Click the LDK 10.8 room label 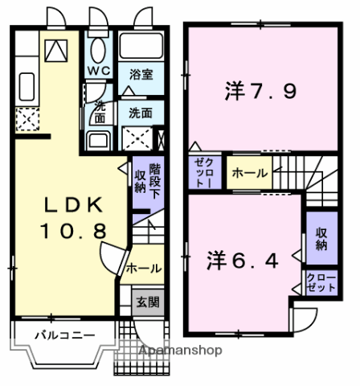[x=72, y=217]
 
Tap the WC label [x=99, y=71]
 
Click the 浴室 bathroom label [x=141, y=74]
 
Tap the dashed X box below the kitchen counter [x=25, y=121]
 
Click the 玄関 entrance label [x=146, y=302]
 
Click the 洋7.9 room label [x=260, y=91]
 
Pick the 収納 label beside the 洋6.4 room [x=321, y=239]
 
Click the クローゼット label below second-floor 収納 [x=320, y=283]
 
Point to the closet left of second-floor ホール [x=201, y=172]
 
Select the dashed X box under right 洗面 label [x=138, y=138]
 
